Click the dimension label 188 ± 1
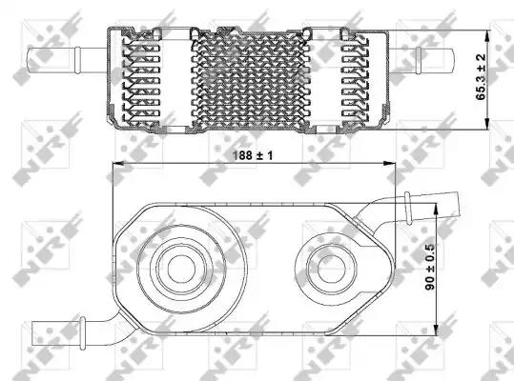(253, 155)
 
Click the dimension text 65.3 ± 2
(481, 77)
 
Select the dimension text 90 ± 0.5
(430, 267)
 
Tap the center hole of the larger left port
(181, 269)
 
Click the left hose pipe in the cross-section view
(67, 60)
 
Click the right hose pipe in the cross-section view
(422, 61)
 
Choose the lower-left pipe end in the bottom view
(56, 333)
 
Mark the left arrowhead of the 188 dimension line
(117, 163)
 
